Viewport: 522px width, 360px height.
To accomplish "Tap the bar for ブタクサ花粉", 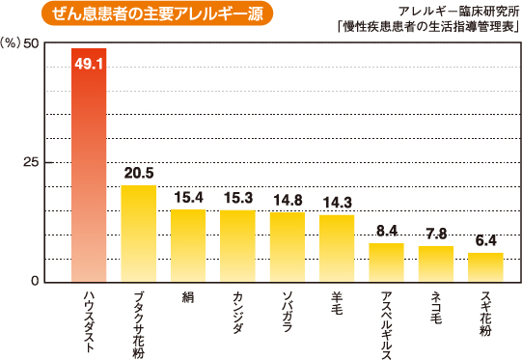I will pos(139,233).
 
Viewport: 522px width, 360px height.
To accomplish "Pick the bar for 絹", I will pos(188,245).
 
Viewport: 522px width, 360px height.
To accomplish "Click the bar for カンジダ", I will pos(237,245).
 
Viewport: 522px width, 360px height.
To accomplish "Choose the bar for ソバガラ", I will pos(288,246).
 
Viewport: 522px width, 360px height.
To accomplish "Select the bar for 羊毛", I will pos(337,248).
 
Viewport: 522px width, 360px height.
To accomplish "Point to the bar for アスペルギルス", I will pos(386,262).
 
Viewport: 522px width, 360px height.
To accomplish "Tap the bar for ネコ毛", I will pos(436,263).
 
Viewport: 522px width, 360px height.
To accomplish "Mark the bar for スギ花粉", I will pos(485,266).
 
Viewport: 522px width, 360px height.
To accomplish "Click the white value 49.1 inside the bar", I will pos(89,64).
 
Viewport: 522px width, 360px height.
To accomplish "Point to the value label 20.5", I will pos(139,173).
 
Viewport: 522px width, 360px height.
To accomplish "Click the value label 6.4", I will pos(485,239).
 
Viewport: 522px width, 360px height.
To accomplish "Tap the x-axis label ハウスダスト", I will pos(89,319).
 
